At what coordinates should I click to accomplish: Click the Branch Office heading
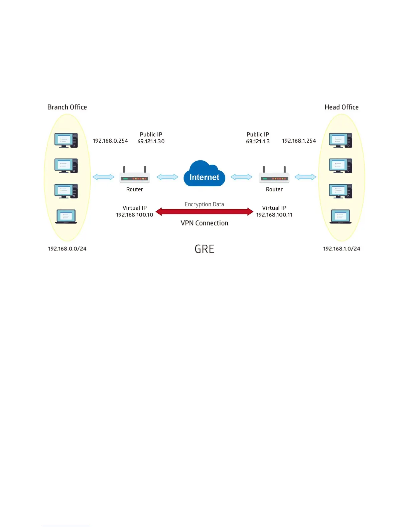coord(67,107)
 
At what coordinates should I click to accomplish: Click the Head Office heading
coord(341,107)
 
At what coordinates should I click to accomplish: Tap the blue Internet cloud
coord(204,174)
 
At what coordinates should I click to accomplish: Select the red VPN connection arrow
coord(204,211)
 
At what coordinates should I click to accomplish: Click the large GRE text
coord(204,249)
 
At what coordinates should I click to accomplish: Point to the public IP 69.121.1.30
coord(151,141)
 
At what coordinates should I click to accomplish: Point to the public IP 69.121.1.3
coord(258,141)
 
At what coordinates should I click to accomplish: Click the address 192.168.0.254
coord(110,141)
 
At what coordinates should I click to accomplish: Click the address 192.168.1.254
coord(299,141)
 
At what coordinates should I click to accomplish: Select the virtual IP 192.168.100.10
coord(134,215)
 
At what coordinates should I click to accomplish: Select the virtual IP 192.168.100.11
coord(274,215)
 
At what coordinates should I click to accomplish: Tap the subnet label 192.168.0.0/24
coord(67,249)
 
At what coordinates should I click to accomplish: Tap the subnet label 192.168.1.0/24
coord(342,249)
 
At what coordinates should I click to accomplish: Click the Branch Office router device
coord(135,176)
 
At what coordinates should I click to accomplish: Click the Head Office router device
coord(274,176)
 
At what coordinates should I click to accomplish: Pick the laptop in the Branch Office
coord(66,216)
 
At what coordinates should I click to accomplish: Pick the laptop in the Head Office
coord(340,216)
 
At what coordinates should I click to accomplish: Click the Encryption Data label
coord(204,204)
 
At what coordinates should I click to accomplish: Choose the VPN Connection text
coord(204,223)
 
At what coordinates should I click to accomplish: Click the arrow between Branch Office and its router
coord(103,177)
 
